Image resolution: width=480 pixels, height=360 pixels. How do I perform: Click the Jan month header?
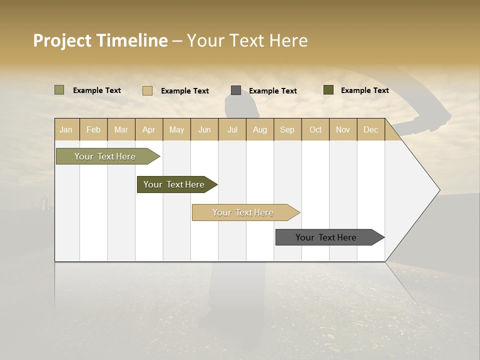(66, 129)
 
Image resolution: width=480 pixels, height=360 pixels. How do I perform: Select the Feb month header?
(93, 129)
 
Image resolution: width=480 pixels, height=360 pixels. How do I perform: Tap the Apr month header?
(148, 129)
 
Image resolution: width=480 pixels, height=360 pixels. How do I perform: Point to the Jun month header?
(204, 129)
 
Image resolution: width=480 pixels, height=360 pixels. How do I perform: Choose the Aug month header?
(259, 129)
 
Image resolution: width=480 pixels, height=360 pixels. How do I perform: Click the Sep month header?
(287, 129)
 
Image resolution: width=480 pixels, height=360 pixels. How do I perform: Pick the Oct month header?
(315, 129)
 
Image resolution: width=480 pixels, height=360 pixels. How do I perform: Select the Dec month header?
(370, 129)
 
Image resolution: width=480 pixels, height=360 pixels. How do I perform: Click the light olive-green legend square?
(59, 90)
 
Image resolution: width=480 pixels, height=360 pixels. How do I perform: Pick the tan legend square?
(147, 90)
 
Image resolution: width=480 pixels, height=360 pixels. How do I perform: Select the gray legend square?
(236, 90)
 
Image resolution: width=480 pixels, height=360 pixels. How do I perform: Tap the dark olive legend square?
(328, 90)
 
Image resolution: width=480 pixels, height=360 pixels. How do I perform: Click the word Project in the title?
(63, 40)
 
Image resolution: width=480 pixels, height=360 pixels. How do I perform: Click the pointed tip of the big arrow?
(438, 190)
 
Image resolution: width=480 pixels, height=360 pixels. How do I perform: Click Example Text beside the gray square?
(272, 90)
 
